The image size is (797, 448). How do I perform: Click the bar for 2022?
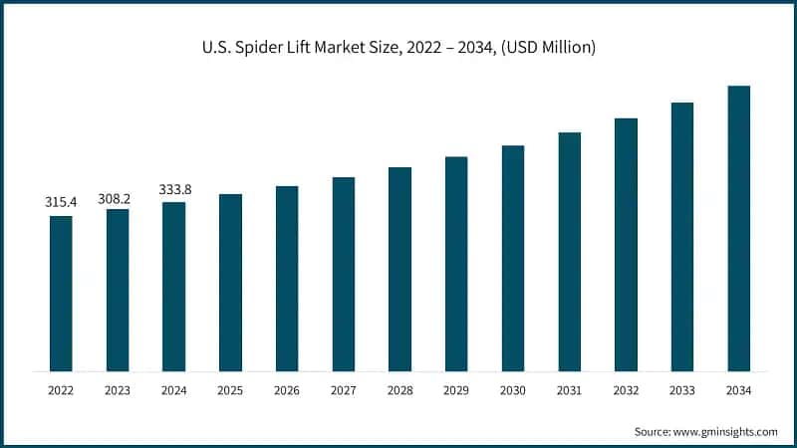61,294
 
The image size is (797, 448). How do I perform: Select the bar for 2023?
118,291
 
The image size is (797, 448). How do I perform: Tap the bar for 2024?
173,287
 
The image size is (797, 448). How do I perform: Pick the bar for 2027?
344,275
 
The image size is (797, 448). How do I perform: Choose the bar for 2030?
513,259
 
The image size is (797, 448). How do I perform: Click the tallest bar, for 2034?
738,229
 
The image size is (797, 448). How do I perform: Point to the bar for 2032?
626,245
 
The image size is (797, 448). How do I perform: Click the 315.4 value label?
61,202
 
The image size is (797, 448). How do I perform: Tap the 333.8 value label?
173,189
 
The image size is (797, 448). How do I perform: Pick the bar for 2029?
456,264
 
